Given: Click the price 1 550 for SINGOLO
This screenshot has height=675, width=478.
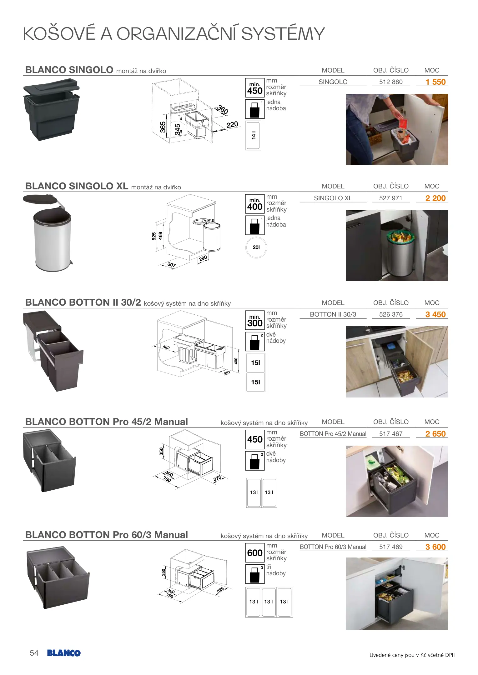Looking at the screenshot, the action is [435, 82].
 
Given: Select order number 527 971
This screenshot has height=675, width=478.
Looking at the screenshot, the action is [391, 198].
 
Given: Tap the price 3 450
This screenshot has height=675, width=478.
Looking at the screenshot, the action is [435, 314].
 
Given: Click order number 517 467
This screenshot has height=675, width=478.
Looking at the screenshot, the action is [391, 434].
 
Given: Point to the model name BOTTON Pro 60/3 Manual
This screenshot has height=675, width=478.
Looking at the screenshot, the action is [333, 547].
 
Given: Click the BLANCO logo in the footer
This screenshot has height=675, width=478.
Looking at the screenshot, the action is [64, 653].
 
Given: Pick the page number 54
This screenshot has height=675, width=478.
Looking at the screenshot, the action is [34, 653].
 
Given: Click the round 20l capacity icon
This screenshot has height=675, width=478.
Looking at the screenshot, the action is [256, 247].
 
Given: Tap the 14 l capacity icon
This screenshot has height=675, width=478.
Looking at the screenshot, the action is [253, 136].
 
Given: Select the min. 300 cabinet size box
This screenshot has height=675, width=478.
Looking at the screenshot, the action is [255, 320].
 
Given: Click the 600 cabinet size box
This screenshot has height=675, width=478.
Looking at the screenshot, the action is [255, 553].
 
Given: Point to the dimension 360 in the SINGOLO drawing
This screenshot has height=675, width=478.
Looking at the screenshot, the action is [223, 110].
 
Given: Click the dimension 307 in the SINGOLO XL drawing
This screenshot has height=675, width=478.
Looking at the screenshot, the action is [172, 265].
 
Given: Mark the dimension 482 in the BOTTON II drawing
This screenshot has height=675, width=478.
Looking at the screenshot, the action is [166, 347].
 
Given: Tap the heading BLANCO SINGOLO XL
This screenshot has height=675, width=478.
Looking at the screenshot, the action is [77, 186].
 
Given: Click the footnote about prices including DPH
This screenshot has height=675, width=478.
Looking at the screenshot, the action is [412, 655].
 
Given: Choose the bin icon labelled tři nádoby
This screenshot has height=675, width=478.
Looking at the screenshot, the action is [255, 574].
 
